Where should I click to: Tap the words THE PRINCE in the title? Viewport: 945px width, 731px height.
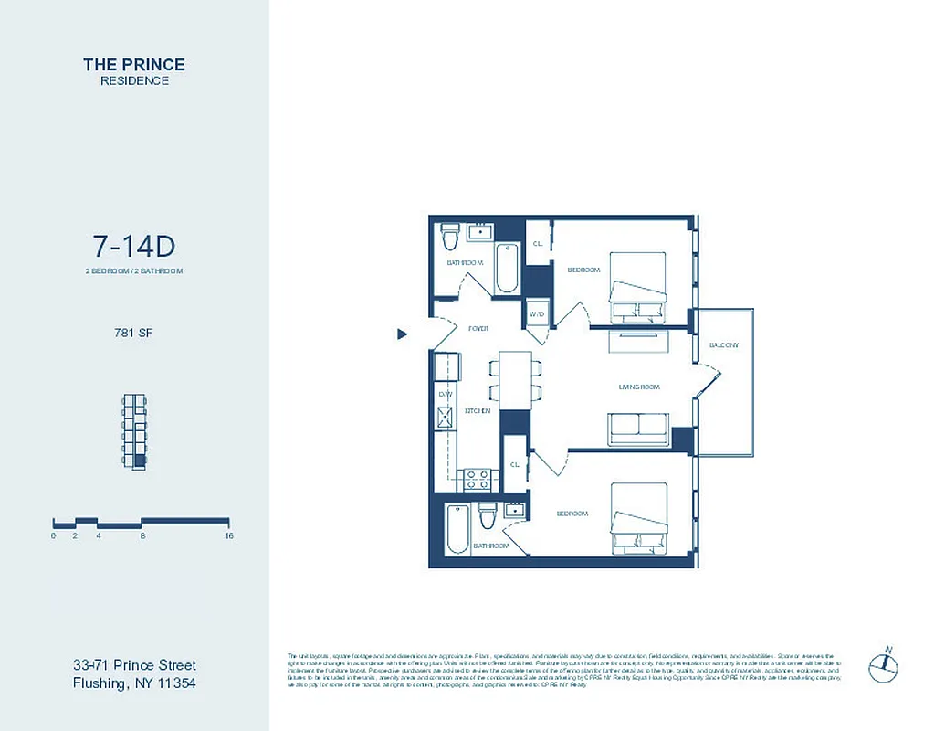click(x=133, y=64)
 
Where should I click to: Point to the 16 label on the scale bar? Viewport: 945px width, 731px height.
click(x=228, y=536)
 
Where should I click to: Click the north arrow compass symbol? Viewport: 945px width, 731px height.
click(x=885, y=666)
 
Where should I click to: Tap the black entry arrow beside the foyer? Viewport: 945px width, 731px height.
click(x=402, y=334)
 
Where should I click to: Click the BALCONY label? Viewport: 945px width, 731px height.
click(x=724, y=344)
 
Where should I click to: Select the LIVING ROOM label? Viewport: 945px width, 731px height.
click(x=638, y=387)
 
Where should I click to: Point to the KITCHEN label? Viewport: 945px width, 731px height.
click(x=478, y=411)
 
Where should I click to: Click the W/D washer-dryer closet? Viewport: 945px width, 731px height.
click(x=537, y=313)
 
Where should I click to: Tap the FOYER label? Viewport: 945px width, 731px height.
click(x=478, y=328)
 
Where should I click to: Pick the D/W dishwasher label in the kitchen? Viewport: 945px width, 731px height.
click(x=446, y=394)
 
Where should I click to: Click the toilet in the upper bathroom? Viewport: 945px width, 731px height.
click(x=449, y=238)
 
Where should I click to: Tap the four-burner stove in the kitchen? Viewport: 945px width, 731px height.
click(x=478, y=478)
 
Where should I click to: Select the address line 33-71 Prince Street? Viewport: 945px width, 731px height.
click(x=134, y=665)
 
